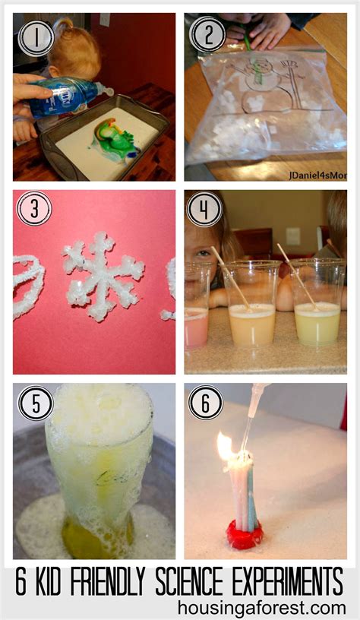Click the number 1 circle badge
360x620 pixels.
[x=36, y=36]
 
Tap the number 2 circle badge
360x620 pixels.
[x=207, y=34]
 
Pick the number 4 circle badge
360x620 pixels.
[x=204, y=209]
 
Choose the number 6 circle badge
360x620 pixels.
[x=205, y=403]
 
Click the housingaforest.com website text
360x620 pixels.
[x=262, y=607]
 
